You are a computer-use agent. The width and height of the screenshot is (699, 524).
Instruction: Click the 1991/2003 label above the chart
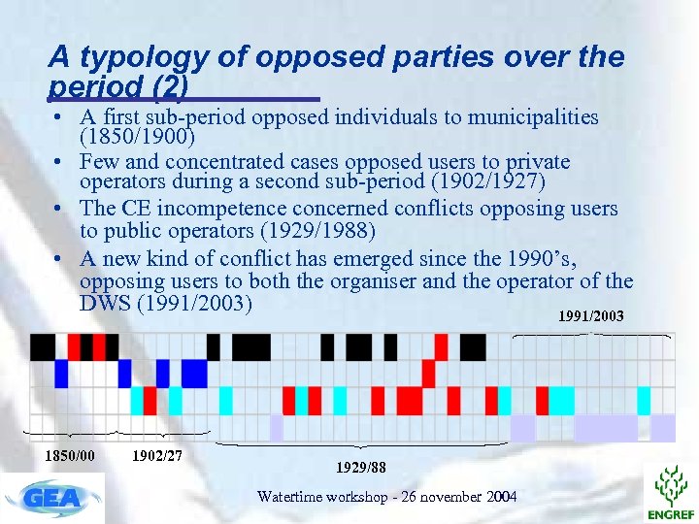(x=591, y=317)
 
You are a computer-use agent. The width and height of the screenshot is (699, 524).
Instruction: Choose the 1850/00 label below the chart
(x=70, y=455)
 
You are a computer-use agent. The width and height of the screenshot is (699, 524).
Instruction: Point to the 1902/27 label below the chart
(x=156, y=455)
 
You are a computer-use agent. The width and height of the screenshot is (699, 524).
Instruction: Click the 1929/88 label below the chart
(x=360, y=468)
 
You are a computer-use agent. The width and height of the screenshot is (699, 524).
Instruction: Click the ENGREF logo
(x=670, y=491)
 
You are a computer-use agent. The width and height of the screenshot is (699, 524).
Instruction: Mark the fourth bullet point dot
(x=60, y=259)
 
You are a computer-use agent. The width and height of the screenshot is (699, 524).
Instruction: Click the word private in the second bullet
(x=534, y=162)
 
